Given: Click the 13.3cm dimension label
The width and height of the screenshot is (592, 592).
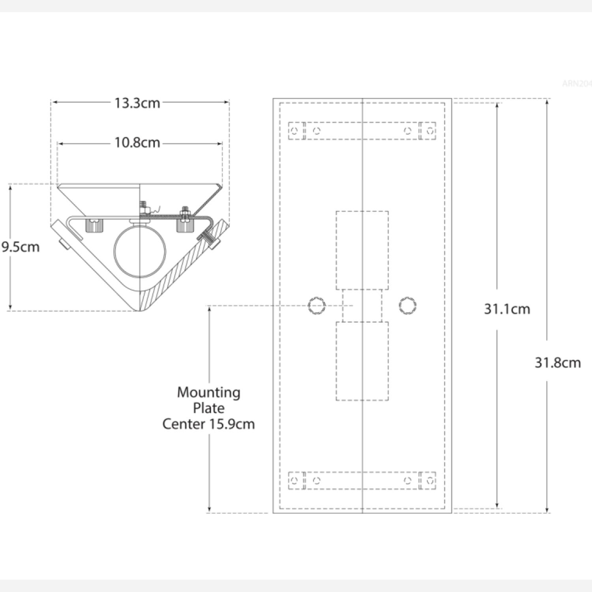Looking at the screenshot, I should click(137, 103).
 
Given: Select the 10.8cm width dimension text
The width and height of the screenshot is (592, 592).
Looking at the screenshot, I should click(137, 142).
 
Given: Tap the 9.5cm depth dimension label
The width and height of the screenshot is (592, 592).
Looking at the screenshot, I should click(21, 247).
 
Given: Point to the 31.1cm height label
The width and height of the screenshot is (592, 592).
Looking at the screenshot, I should click(507, 309).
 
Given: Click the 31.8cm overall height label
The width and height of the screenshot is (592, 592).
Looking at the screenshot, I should click(557, 362).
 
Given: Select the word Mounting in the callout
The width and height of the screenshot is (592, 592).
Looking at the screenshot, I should click(208, 392).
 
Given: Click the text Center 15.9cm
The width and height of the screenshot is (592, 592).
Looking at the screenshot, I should click(208, 424).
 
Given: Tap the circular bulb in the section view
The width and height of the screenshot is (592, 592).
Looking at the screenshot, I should click(140, 251).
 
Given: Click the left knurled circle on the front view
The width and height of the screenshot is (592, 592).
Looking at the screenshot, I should click(317, 306).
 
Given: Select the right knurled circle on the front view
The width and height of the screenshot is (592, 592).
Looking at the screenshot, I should click(408, 306).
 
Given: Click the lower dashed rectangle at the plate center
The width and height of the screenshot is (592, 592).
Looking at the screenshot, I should click(362, 361).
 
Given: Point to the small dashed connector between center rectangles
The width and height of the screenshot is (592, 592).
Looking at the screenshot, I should click(362, 306).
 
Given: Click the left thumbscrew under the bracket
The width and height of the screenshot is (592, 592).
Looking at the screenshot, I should click(94, 225).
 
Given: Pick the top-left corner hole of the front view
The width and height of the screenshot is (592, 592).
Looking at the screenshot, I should click(294, 131).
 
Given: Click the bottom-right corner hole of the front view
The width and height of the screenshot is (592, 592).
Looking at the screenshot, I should click(430, 480).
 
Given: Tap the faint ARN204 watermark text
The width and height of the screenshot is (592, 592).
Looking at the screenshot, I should click(577, 84).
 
